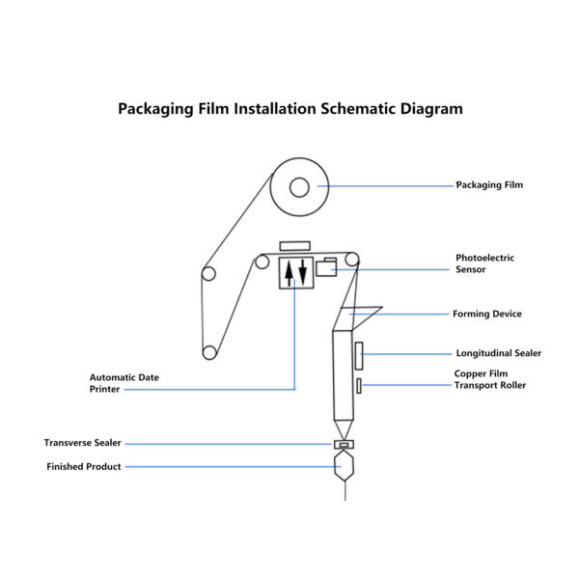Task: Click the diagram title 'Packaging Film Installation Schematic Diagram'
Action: click(289, 109)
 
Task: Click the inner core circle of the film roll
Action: click(298, 185)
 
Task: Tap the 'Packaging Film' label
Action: click(489, 185)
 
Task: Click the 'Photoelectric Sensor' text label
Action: click(484, 263)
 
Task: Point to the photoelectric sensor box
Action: click(325, 268)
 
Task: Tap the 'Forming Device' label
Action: click(487, 314)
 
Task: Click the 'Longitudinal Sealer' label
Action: click(498, 353)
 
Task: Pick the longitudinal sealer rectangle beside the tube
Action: click(358, 355)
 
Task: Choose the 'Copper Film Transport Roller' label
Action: click(490, 379)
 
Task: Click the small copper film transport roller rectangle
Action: click(359, 387)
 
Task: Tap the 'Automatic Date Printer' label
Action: click(124, 383)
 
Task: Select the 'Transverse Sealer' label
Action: click(82, 443)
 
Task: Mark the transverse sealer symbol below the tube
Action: click(344, 444)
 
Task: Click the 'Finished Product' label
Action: click(84, 467)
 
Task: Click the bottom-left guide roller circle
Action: click(206, 349)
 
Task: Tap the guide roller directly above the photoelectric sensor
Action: click(353, 258)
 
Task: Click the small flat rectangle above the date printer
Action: click(293, 246)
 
